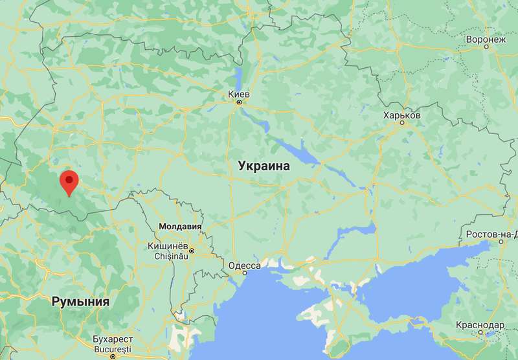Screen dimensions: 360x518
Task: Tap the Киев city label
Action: [239, 94]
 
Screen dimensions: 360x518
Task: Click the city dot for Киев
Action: [239, 102]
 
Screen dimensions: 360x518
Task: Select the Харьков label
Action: [401, 115]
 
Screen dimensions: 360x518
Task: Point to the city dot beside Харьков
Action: [401, 122]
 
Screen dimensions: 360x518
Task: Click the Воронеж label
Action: [485, 39]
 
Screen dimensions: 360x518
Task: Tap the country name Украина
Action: [264, 166]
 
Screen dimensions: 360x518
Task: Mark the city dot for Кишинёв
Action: [192, 251]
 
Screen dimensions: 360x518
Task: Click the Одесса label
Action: [245, 265]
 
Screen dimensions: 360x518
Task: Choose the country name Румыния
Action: [81, 302]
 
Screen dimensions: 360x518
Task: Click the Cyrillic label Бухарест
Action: [113, 339]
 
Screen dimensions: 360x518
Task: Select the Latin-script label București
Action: [113, 348]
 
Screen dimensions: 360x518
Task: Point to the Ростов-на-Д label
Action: [491, 234]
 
